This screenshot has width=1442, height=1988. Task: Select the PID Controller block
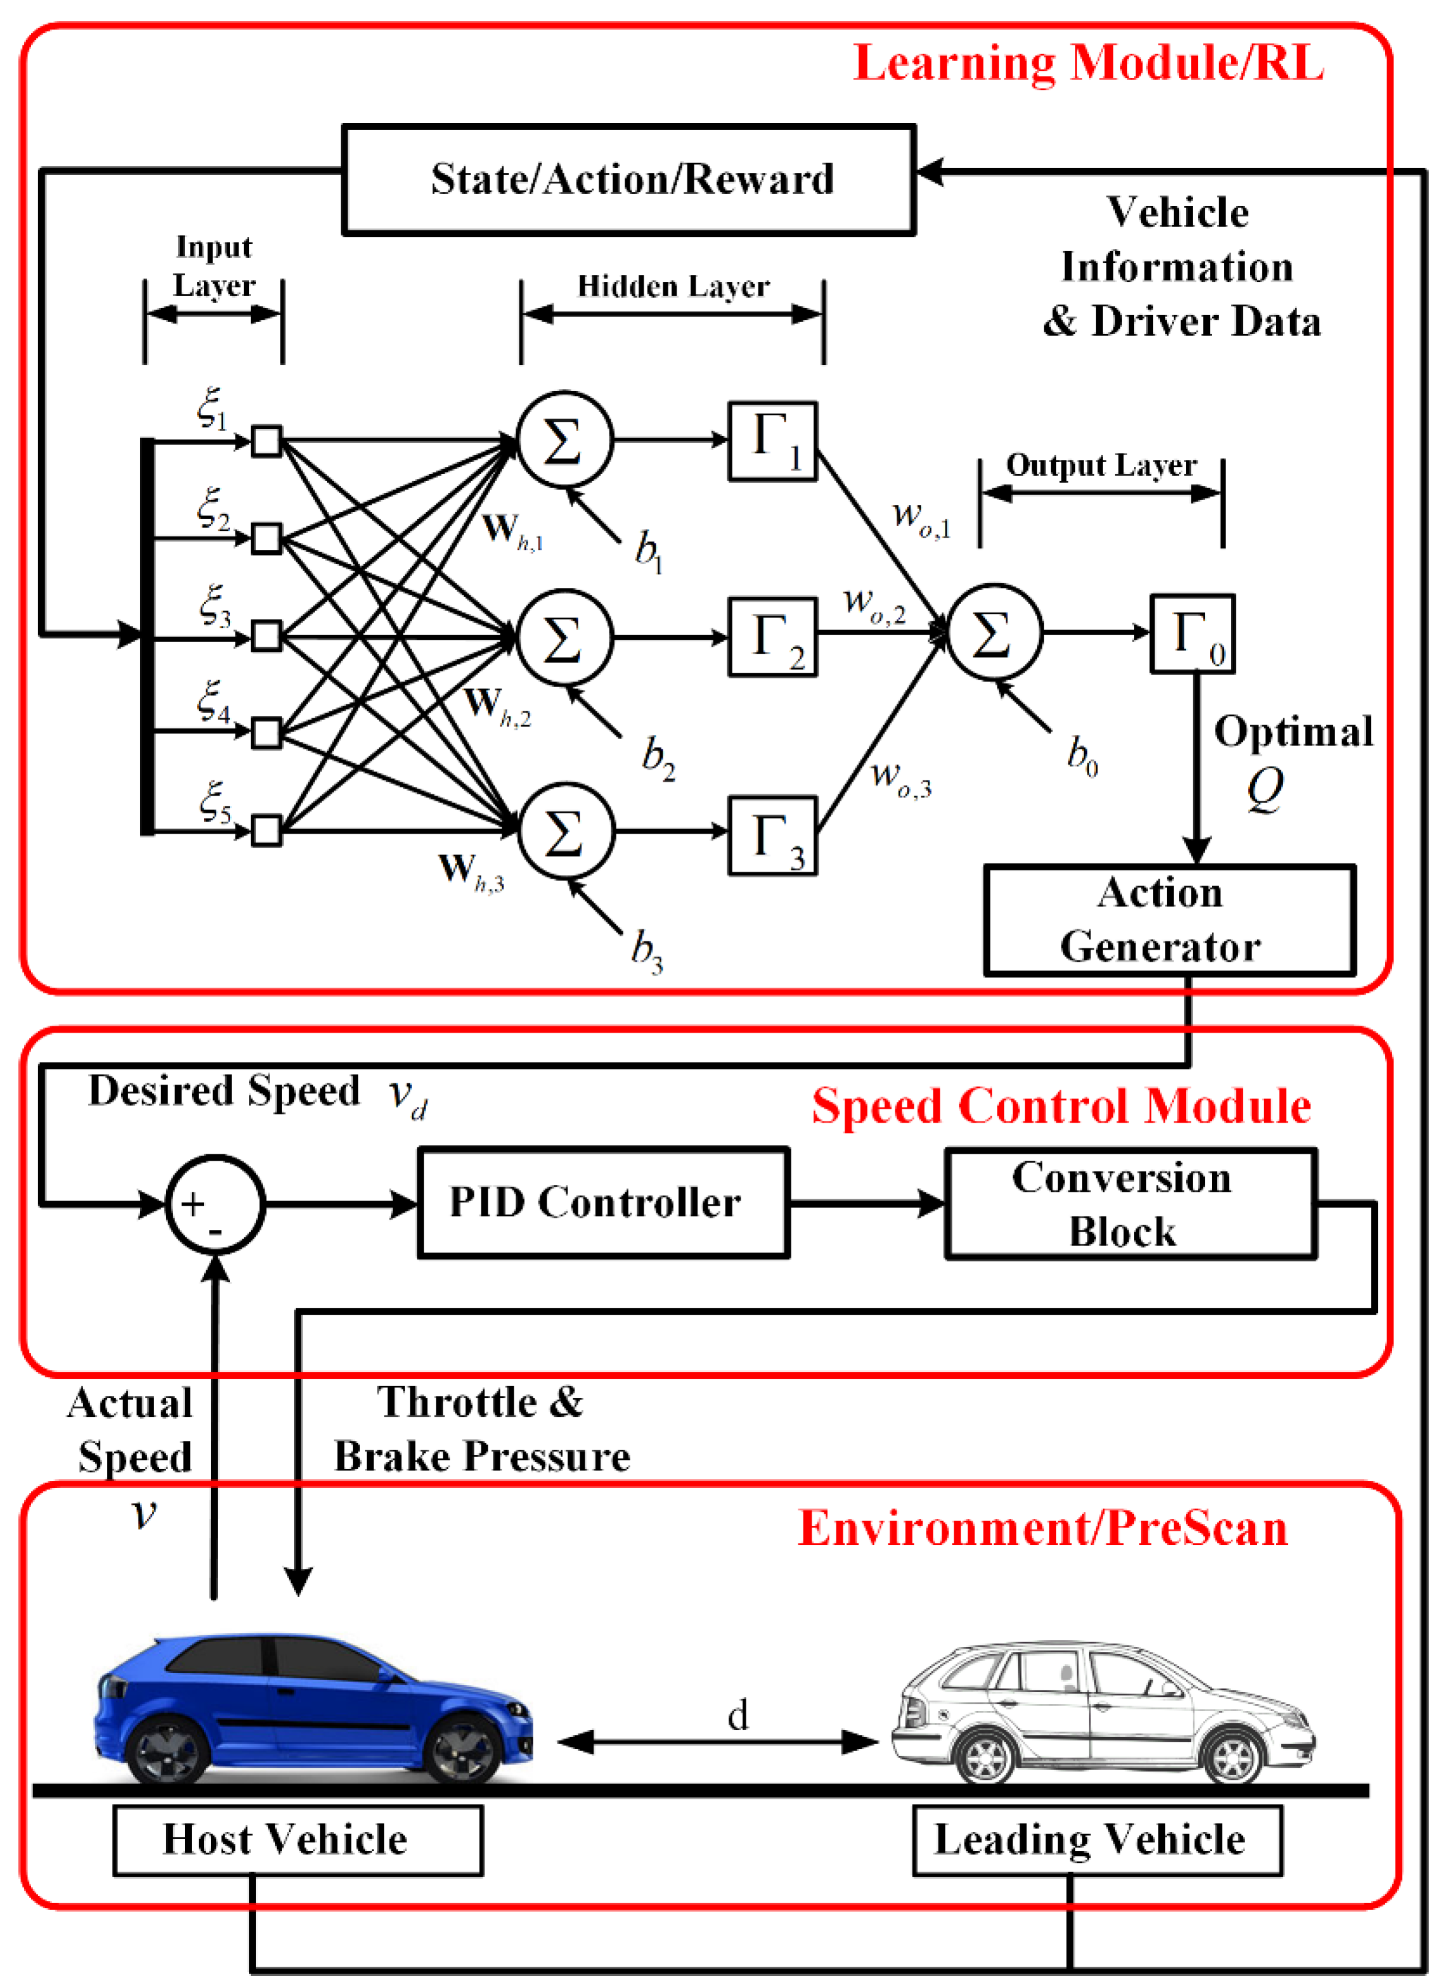click(603, 1203)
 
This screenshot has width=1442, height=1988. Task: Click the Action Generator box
click(1169, 920)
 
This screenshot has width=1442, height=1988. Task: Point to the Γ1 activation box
click(772, 441)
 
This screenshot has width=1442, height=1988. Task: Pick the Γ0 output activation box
click(1192, 634)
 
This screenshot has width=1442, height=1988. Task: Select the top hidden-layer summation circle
click(564, 440)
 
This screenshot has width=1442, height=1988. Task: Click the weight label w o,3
click(900, 777)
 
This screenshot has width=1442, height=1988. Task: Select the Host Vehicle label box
click(297, 1839)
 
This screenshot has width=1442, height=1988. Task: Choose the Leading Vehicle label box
click(1096, 1839)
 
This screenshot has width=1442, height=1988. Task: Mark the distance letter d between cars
click(737, 1715)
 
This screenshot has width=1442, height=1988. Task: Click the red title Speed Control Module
click(1061, 1106)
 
